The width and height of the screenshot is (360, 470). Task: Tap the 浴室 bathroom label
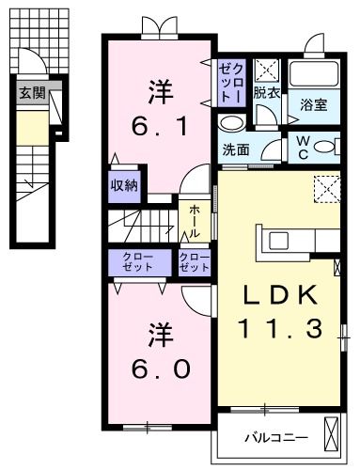click(313, 105)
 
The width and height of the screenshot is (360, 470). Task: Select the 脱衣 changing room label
click(267, 93)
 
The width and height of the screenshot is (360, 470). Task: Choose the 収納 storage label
click(125, 184)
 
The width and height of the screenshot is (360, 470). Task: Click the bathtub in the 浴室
click(314, 73)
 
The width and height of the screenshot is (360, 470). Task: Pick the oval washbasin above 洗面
click(230, 123)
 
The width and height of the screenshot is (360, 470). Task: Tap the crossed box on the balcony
click(333, 435)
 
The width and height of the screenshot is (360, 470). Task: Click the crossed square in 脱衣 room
click(267, 69)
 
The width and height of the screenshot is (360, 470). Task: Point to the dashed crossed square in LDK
click(329, 189)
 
